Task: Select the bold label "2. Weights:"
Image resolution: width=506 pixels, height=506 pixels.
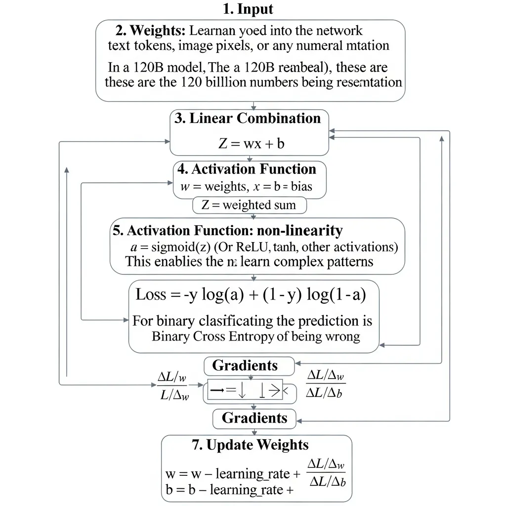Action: [x=151, y=31]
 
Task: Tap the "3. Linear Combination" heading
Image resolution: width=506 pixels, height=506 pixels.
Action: [x=248, y=119]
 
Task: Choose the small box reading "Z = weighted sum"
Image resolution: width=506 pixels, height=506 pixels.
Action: [x=250, y=205]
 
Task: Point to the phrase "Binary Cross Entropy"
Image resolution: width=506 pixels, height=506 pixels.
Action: [x=212, y=337]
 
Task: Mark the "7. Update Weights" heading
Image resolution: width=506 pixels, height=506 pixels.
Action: [x=250, y=445]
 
